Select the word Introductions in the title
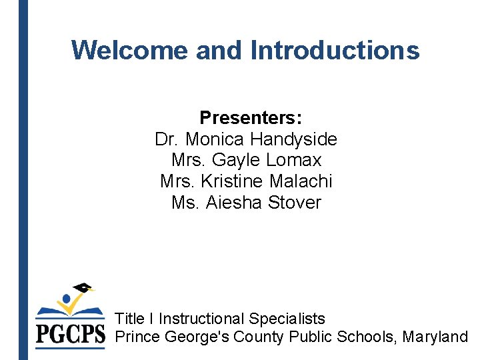click(335, 50)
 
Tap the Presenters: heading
click(251, 118)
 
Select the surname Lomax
click(293, 160)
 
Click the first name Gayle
click(237, 160)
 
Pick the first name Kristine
click(233, 181)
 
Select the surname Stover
click(294, 202)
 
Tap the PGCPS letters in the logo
click(70, 334)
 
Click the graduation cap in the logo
click(83, 289)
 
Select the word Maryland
click(436, 337)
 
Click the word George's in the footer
click(196, 337)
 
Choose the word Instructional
click(201, 319)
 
